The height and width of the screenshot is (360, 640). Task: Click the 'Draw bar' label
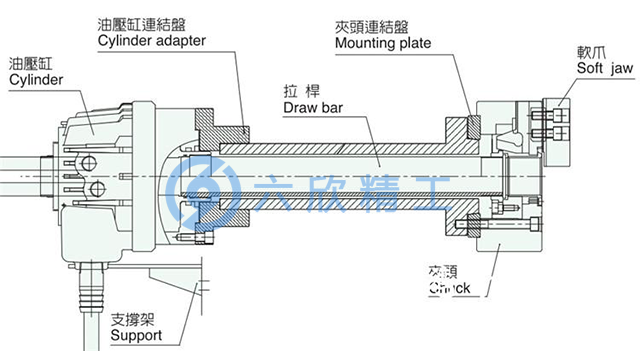(313, 106)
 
